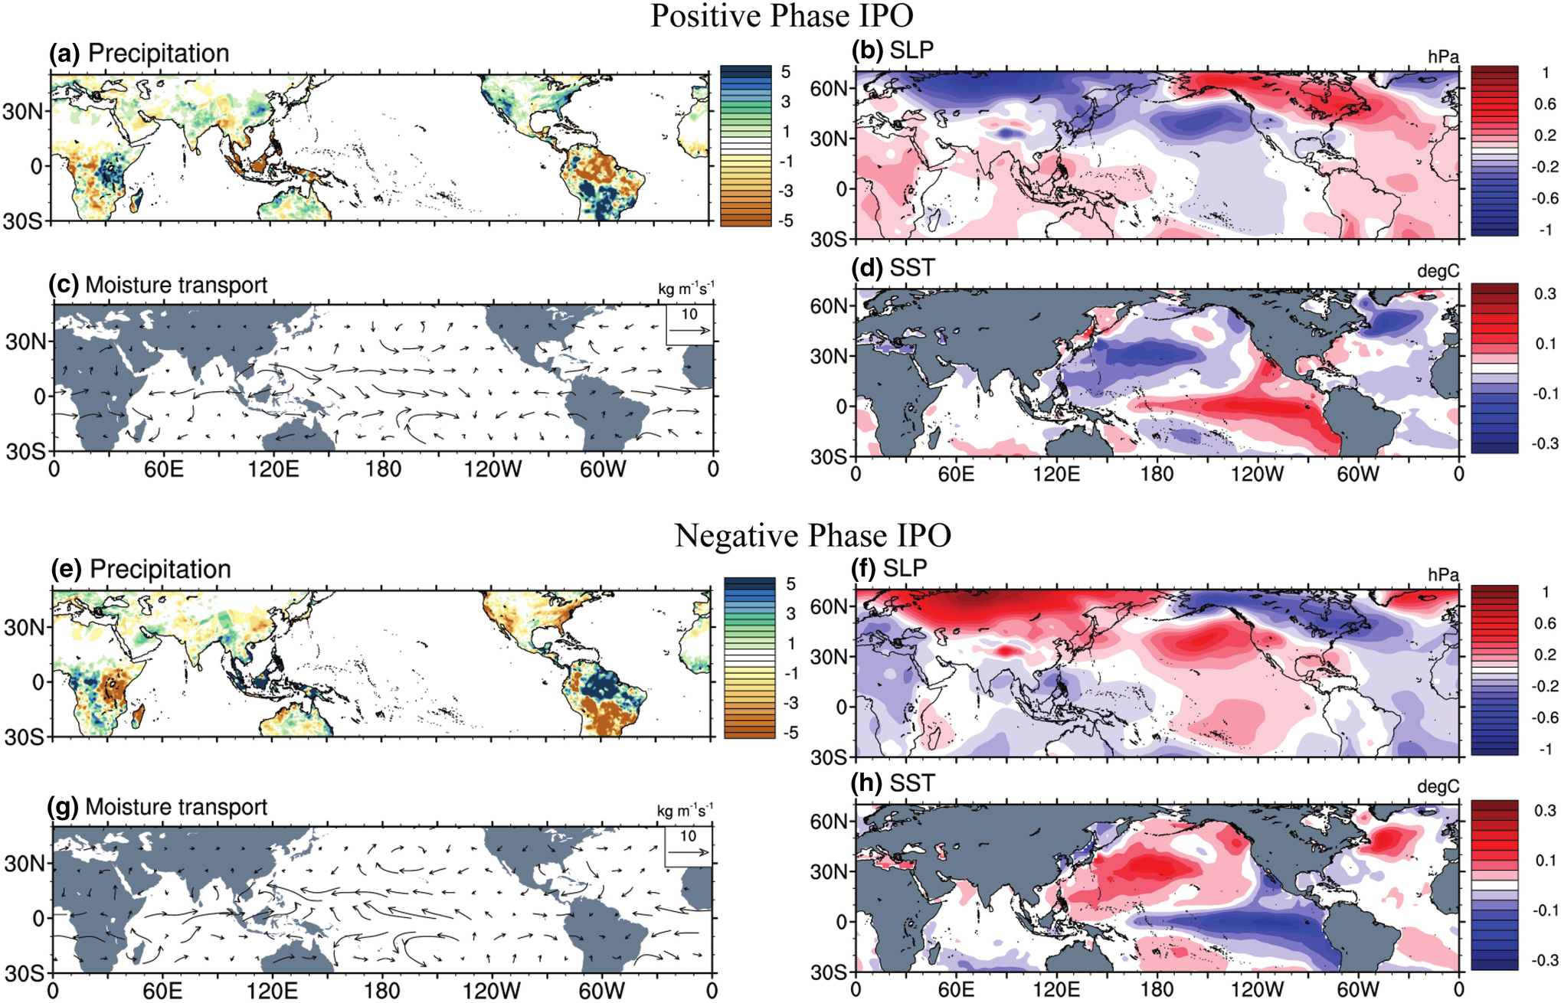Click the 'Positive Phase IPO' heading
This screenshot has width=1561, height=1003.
781,15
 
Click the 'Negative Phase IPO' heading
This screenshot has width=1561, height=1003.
813,535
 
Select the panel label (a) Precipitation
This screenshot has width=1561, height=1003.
139,53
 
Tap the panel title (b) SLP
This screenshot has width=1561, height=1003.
892,50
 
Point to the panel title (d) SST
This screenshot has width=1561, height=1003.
893,267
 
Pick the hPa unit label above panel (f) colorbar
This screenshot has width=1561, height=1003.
1443,574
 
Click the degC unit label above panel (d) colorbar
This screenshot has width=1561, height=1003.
1438,271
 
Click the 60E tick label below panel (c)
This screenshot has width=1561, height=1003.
163,469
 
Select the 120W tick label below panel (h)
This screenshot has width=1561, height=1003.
1257,989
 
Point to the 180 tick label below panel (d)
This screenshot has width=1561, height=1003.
1157,474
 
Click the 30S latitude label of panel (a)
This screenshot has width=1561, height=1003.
23,221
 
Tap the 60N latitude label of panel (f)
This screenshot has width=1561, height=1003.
830,606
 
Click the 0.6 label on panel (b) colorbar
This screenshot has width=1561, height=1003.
1544,104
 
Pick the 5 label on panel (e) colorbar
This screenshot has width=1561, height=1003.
790,584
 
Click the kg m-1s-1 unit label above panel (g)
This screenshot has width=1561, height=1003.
685,810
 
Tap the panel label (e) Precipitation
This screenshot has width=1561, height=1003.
141,569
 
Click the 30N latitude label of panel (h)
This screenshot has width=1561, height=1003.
830,871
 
